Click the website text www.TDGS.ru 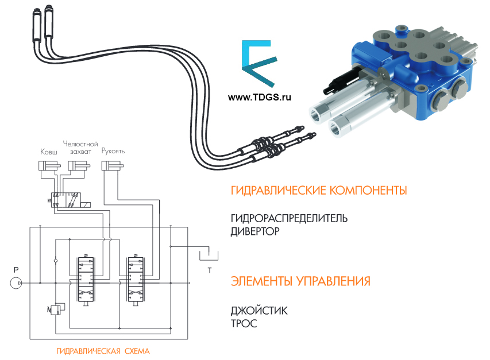pos(260,97)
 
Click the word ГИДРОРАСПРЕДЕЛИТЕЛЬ pos(289,219)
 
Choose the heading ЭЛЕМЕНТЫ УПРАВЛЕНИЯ pos(300,281)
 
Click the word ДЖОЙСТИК pos(259,311)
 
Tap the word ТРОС pos(244,324)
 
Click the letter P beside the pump pos(17,269)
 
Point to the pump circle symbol pos(16,283)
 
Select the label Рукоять pos(113,152)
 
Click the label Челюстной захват pos(80,148)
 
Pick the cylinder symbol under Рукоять pos(113,166)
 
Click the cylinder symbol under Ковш pos(48,166)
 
